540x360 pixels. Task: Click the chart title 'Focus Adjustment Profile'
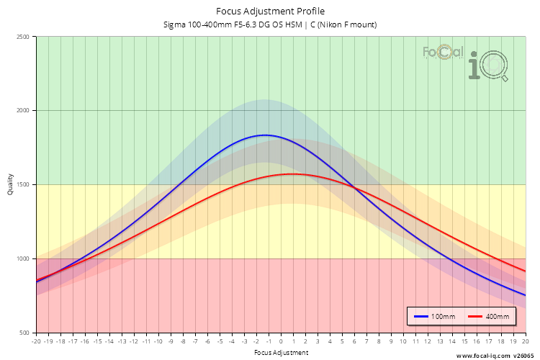pyautogui.click(x=270, y=11)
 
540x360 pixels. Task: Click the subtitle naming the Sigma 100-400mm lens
pyautogui.click(x=270, y=24)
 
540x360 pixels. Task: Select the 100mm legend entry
pyautogui.click(x=435, y=317)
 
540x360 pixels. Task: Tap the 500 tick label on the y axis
pyautogui.click(x=24, y=333)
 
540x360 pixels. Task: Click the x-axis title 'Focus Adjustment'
pyautogui.click(x=281, y=353)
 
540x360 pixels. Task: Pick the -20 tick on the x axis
pyautogui.click(x=36, y=341)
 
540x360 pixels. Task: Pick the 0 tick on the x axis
pyautogui.click(x=281, y=341)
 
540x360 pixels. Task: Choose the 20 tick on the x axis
pyautogui.click(x=525, y=341)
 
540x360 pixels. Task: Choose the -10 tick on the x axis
pyautogui.click(x=158, y=341)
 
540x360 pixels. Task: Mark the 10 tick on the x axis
pyautogui.click(x=403, y=341)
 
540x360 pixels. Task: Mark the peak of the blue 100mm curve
pyautogui.click(x=265, y=135)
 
